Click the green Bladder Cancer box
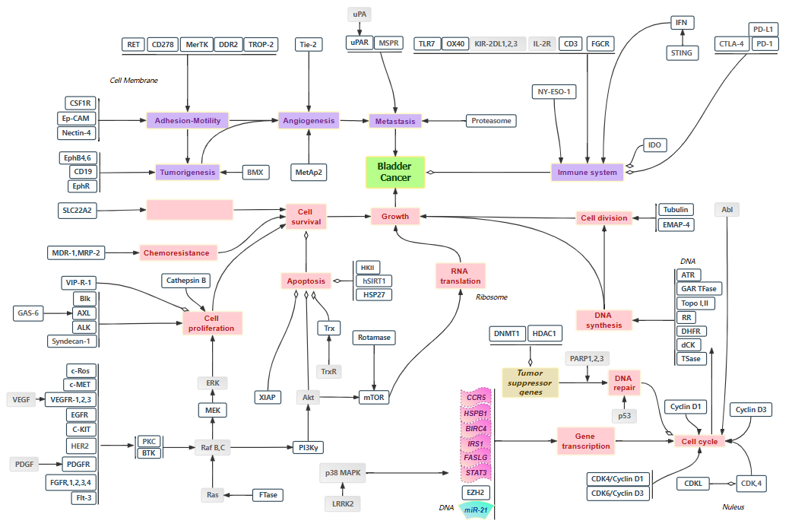point(394,172)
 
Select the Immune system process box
point(588,173)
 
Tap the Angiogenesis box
point(308,120)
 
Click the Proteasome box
point(491,121)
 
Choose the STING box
point(681,52)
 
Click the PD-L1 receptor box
point(762,30)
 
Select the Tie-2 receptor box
point(309,44)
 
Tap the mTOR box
point(374,397)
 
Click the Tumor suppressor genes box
point(531,383)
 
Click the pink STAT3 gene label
point(476,472)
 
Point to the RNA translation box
point(460,275)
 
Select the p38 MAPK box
point(344,474)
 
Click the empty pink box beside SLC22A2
point(189,210)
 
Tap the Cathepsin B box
point(186,281)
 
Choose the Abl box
point(727,210)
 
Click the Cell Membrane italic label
point(134,81)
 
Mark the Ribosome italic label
point(491,297)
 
